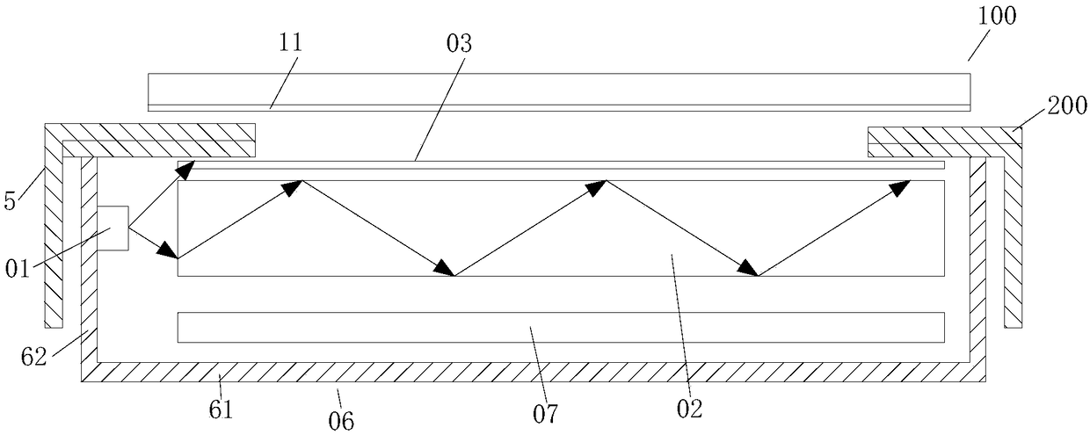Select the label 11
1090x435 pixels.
[289, 44]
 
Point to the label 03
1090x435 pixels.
[458, 44]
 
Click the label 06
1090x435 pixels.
[342, 420]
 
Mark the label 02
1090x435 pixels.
[690, 406]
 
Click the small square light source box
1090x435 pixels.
[113, 228]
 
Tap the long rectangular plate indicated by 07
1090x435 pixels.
[561, 327]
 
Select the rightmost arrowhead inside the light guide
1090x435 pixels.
[900, 186]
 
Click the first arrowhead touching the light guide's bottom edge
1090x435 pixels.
[445, 269]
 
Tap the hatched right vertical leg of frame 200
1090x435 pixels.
[1013, 237]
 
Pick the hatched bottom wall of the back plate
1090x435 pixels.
[527, 372]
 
